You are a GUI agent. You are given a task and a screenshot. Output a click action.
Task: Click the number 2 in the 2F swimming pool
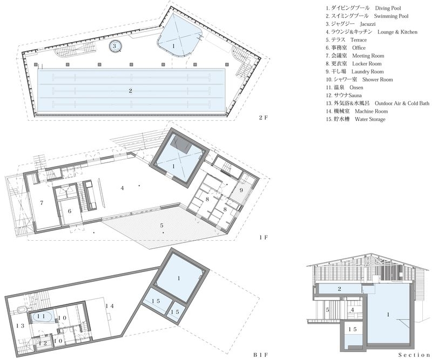tap(130, 91)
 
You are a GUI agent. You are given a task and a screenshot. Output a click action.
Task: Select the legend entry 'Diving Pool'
tap(388, 8)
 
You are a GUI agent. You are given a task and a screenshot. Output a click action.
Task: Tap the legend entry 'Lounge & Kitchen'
tap(397, 32)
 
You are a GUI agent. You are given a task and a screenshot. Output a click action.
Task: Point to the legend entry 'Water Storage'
tap(370, 119)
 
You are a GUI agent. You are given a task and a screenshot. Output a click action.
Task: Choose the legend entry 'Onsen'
tap(356, 87)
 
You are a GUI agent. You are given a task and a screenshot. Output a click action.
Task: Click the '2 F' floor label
tap(263, 118)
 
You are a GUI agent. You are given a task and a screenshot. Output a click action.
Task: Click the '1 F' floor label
tap(264, 237)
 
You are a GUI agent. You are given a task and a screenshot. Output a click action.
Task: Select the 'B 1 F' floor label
tap(260, 355)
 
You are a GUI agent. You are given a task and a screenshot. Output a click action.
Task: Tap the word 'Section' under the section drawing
tap(414, 355)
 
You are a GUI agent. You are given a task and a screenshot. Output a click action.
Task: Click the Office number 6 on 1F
tap(70, 211)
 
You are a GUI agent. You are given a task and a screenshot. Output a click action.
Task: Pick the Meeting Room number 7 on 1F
tap(42, 203)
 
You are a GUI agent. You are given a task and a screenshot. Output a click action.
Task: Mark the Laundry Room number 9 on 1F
tap(241, 190)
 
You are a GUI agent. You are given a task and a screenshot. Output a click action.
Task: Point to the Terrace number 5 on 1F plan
tap(161, 226)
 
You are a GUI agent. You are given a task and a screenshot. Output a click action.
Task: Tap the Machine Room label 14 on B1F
tap(110, 305)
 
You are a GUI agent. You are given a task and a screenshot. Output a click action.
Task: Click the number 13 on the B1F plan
tap(20, 326)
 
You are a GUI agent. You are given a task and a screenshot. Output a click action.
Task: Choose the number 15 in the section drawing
tap(353, 329)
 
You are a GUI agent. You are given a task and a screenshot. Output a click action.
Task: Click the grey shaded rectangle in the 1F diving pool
tap(180, 145)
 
